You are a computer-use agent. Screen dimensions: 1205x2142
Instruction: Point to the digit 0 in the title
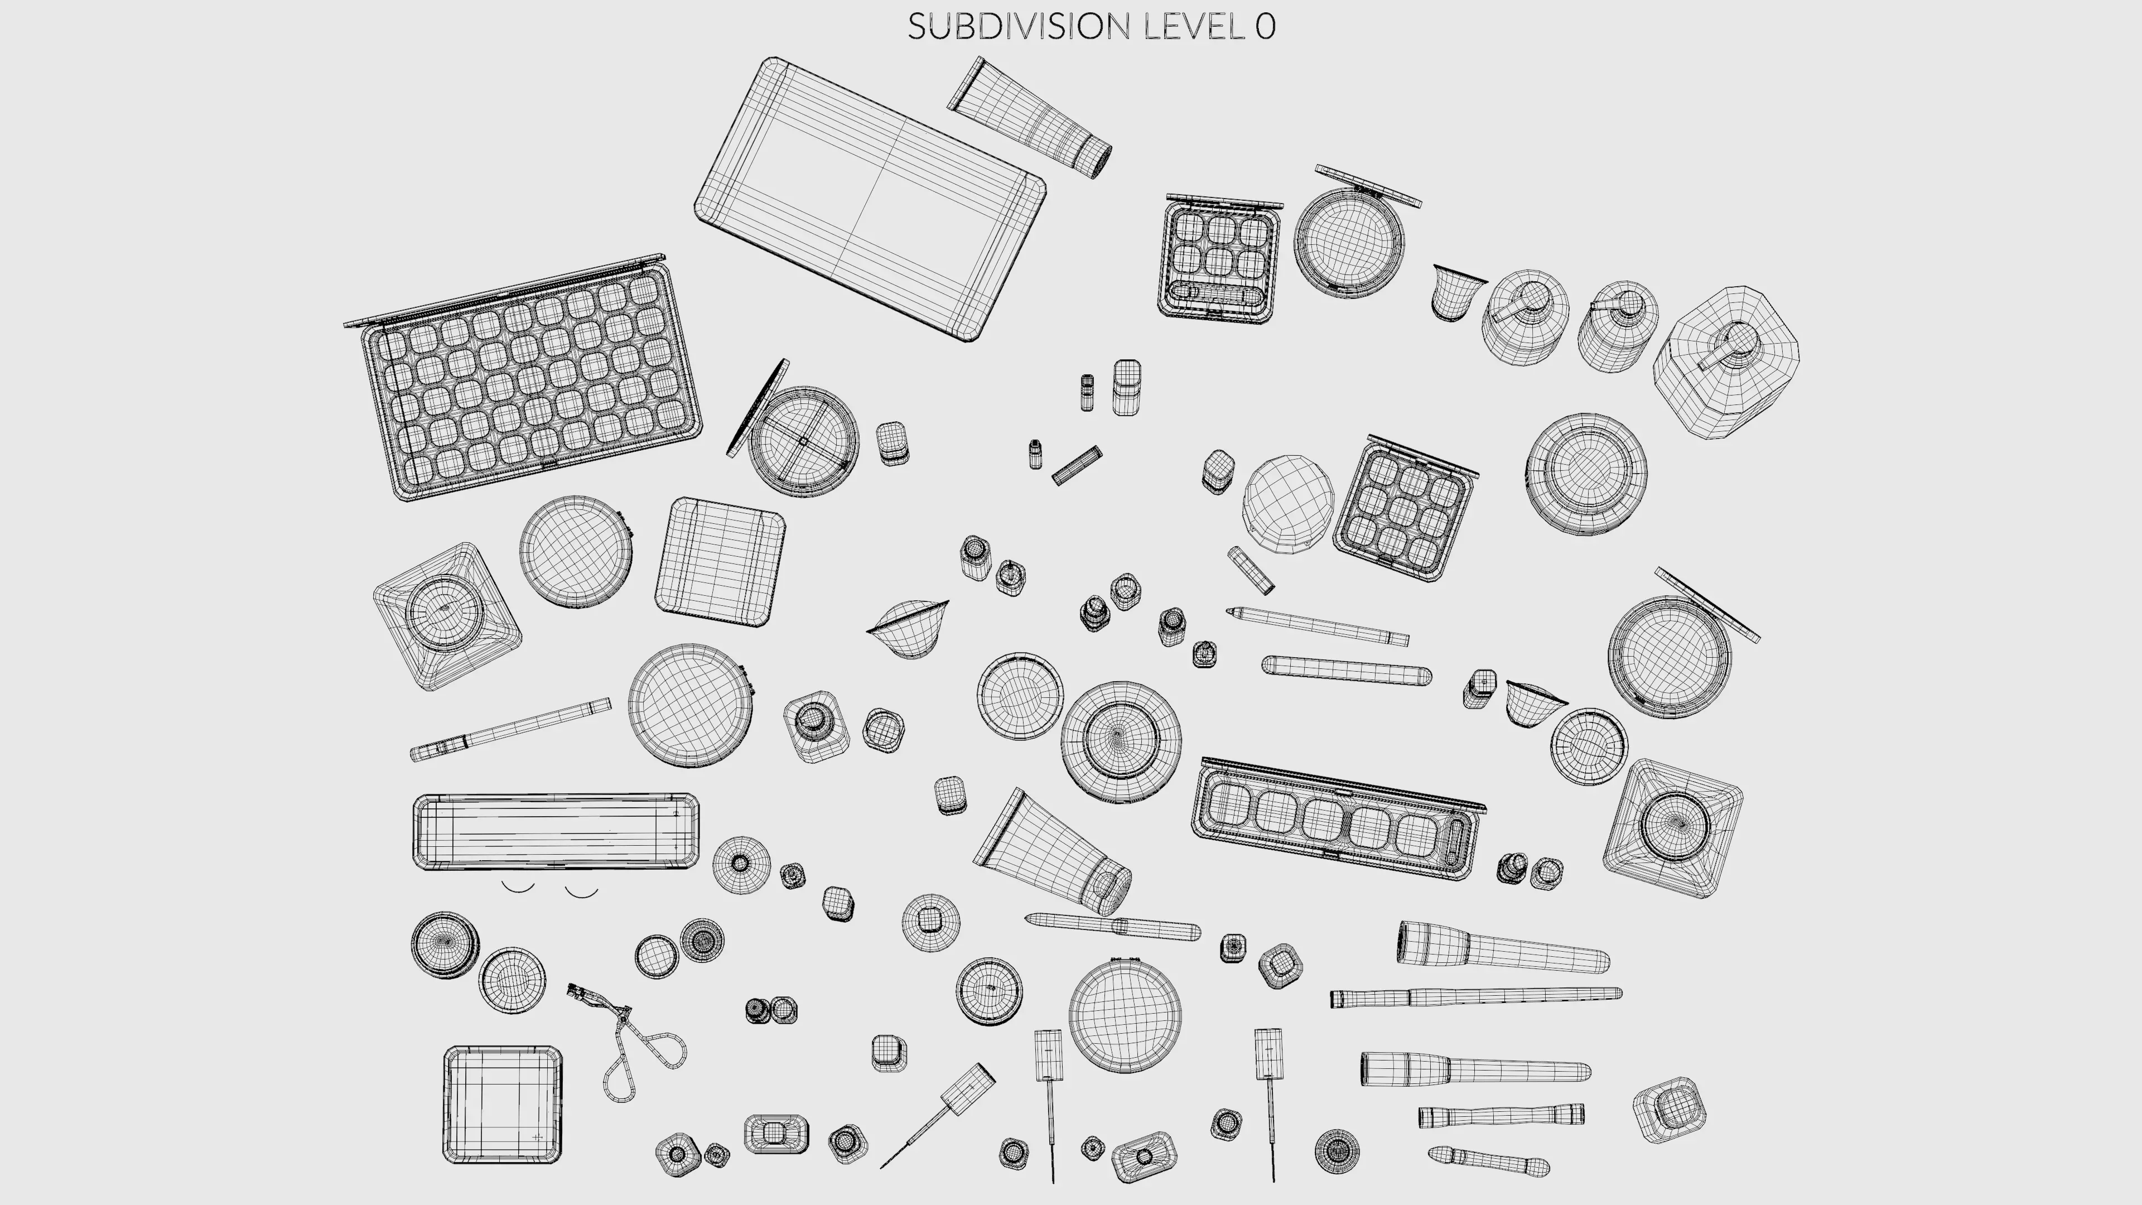[1265, 27]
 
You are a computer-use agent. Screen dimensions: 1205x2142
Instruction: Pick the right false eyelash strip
[582, 893]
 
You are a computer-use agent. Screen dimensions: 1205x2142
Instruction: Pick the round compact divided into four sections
[803, 441]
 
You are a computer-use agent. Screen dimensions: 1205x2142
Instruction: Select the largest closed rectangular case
[869, 200]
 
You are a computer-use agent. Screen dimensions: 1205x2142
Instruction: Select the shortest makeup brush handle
[1488, 1161]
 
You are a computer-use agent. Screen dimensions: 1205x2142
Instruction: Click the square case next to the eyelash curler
[501, 1105]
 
